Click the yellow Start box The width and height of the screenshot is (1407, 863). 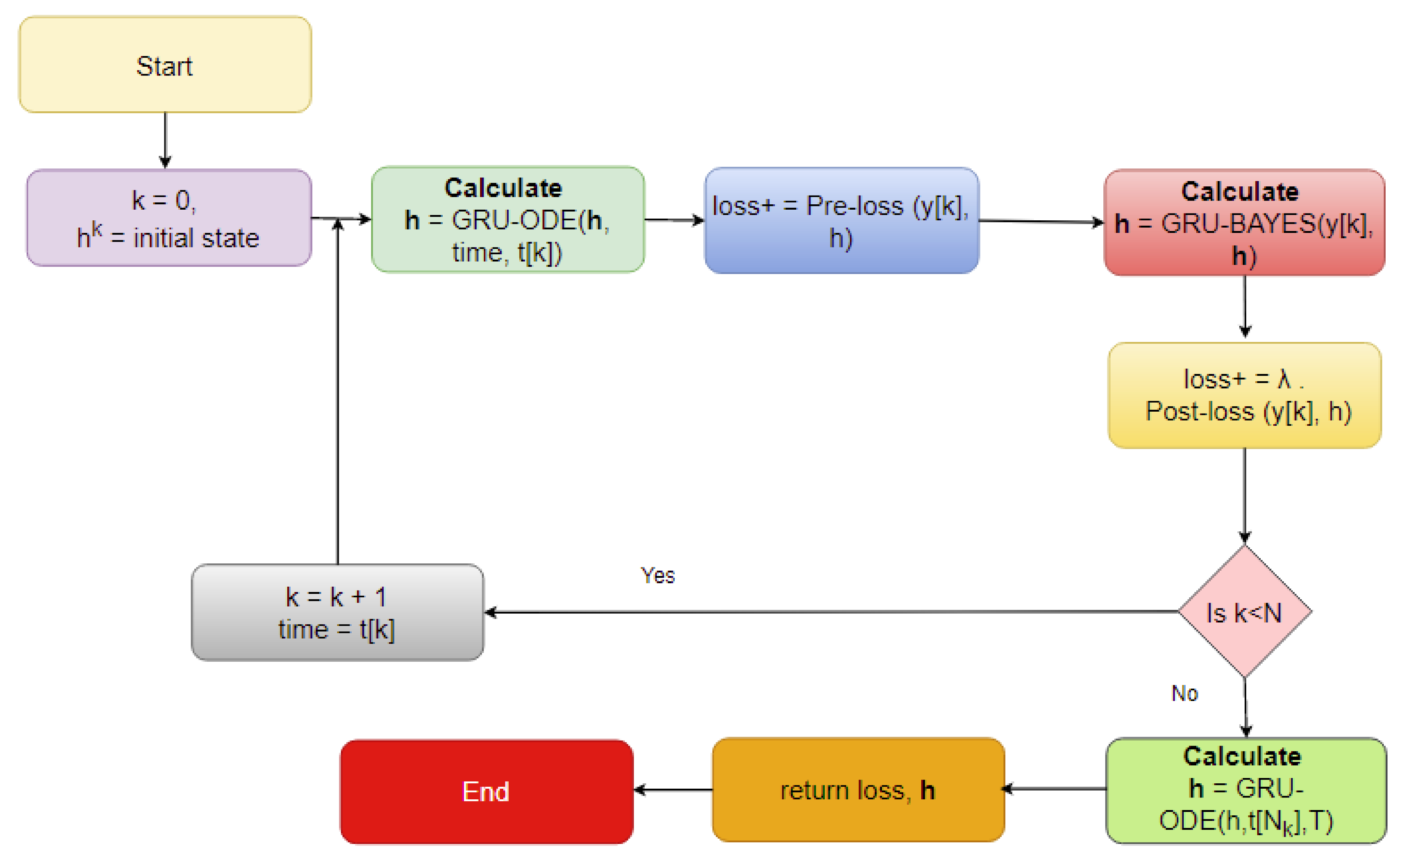165,64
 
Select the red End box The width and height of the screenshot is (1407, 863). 487,792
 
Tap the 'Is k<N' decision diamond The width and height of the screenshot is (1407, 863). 1245,612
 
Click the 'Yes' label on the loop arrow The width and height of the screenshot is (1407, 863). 657,575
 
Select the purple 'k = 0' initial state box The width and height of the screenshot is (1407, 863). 168,218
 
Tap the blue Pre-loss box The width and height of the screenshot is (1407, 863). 841,220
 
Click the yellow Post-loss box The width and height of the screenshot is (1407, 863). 1245,395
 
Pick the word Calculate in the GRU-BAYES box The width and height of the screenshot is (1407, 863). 1240,191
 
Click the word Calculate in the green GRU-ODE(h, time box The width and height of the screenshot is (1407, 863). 503,188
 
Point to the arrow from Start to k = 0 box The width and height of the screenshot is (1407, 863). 165,140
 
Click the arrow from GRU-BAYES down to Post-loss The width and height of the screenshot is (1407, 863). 1245,307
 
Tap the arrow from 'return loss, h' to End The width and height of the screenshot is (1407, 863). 673,790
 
